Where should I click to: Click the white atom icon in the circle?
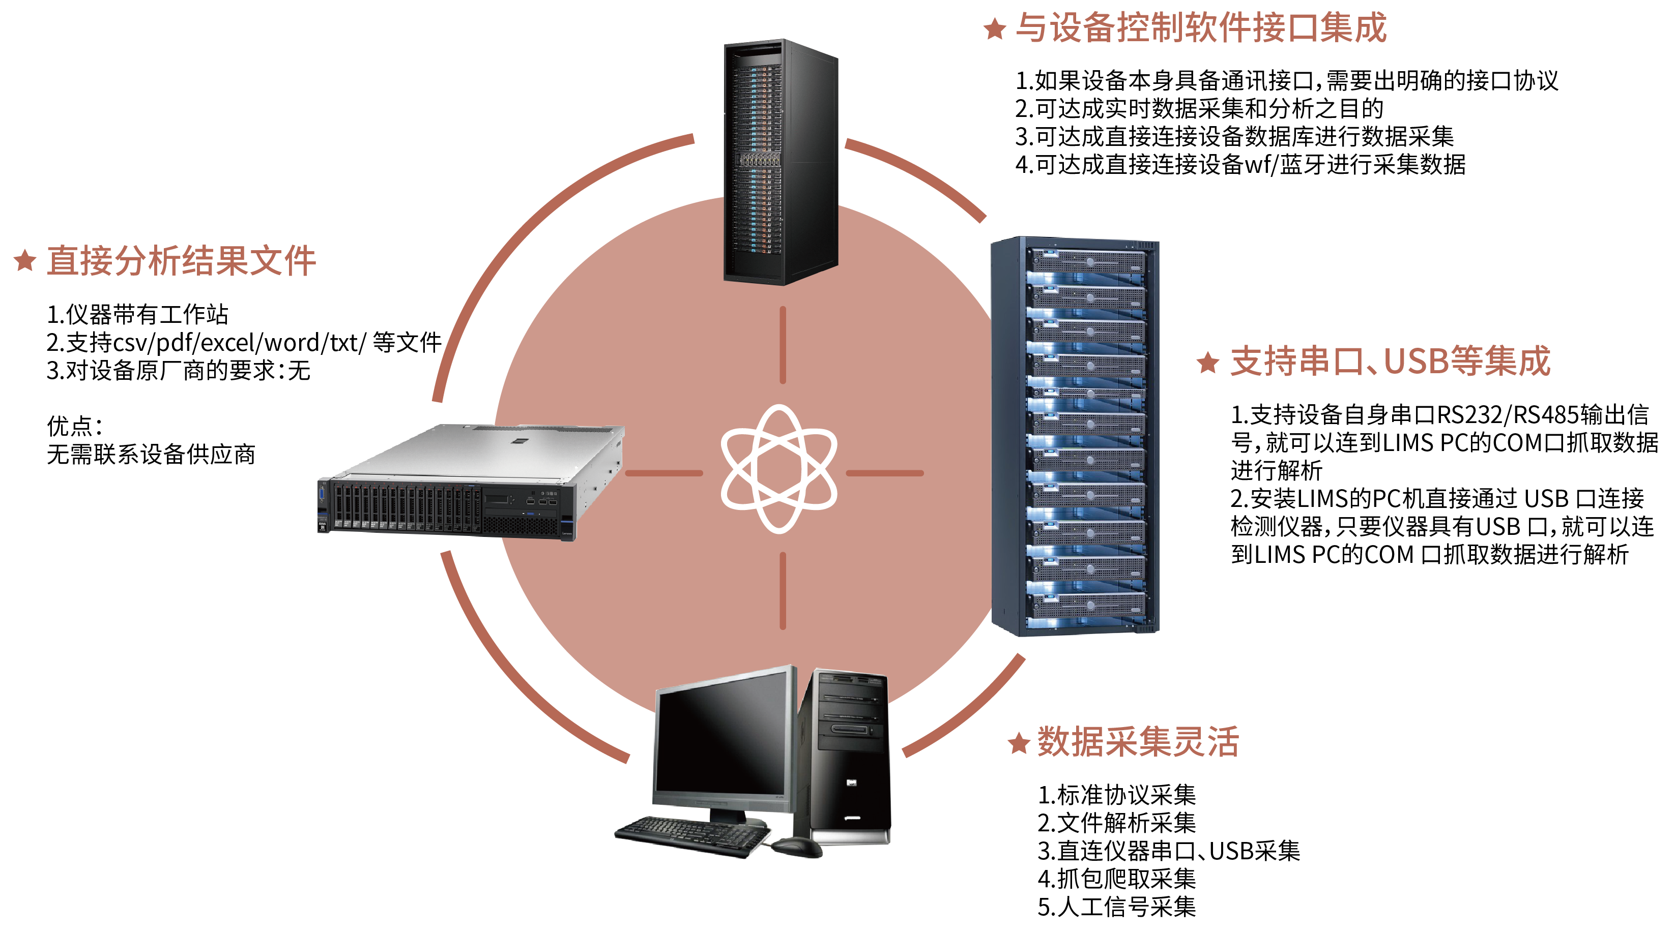click(x=779, y=469)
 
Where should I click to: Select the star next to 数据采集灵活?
click(x=1019, y=742)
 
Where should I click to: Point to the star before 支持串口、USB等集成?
click(x=1208, y=362)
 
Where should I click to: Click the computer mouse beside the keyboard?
click(x=796, y=846)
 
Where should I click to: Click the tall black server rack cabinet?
click(x=781, y=163)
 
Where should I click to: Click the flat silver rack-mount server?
click(x=472, y=482)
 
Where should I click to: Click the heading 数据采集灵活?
click(x=1138, y=741)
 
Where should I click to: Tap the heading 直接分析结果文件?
click(x=181, y=261)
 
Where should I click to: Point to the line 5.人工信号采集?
click(x=1116, y=907)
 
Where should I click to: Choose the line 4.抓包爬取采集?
click(x=1116, y=879)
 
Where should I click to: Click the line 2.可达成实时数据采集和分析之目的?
click(x=1198, y=108)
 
